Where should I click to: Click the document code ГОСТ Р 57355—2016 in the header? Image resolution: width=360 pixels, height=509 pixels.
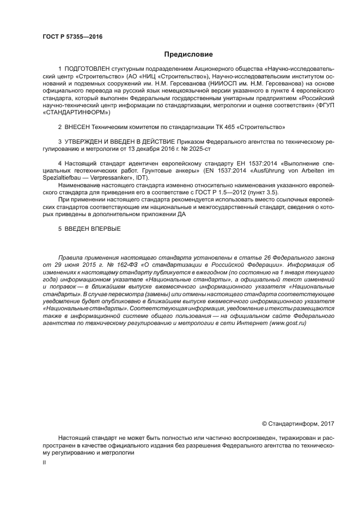[72, 37]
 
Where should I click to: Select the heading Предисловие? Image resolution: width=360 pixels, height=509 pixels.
[189, 54]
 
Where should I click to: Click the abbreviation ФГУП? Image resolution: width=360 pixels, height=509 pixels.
[321, 106]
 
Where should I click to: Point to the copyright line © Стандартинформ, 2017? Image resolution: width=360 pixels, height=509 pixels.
[298, 424]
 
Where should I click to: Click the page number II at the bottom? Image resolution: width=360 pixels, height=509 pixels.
[44, 462]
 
